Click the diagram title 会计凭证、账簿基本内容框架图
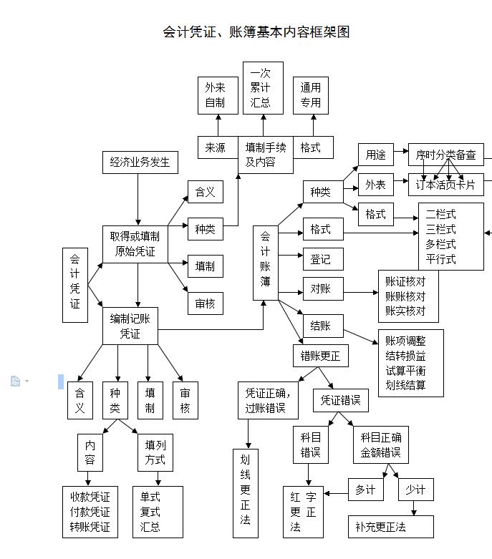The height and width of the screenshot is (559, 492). pos(256,32)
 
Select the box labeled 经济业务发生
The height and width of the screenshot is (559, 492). pos(140,162)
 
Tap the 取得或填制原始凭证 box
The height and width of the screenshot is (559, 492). pos(135,244)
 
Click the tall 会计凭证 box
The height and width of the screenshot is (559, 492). pos(75,280)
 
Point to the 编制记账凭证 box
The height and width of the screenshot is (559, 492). pos(130,326)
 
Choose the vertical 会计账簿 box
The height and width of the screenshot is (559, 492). pos(265,263)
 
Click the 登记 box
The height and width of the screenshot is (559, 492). pos(321,258)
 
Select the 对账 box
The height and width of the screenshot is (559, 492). pos(321,289)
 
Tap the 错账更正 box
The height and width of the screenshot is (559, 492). pos(320,356)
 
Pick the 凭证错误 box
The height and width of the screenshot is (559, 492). pos(341,400)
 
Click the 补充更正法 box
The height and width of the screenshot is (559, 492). pos(390,527)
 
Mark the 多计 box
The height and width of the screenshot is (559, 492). pos(365,490)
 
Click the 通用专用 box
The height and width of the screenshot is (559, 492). pos(310,95)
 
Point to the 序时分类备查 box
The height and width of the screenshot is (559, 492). pos(445,154)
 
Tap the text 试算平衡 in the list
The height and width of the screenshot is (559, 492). pos(405,370)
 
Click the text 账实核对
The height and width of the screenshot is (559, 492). pos(405,311)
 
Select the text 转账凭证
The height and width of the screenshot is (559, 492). pos(90,528)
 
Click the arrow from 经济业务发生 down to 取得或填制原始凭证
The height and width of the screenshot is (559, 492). pos(138,200)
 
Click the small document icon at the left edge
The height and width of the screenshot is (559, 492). pos(15,381)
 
